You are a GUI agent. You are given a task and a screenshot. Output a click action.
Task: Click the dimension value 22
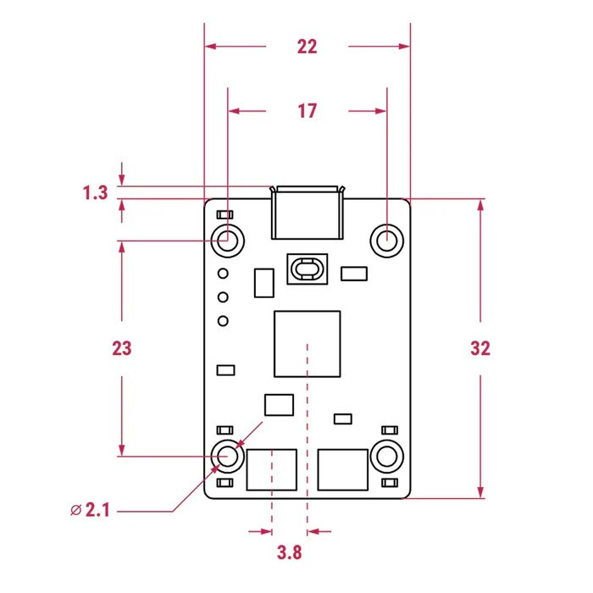click(x=307, y=47)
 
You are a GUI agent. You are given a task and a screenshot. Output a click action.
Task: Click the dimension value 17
click(x=307, y=111)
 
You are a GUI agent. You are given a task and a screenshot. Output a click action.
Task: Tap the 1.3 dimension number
click(x=95, y=193)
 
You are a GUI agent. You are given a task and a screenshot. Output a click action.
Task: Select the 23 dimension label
click(x=122, y=348)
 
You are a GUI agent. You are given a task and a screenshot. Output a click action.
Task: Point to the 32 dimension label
click(x=480, y=348)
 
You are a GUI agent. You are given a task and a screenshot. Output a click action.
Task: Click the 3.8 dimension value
click(x=290, y=552)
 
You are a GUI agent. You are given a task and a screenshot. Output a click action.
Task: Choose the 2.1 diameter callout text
click(x=97, y=510)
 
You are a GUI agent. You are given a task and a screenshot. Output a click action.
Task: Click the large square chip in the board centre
click(x=307, y=344)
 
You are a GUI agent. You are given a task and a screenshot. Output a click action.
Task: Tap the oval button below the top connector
click(x=307, y=269)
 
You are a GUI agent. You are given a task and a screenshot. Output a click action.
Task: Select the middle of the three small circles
click(x=223, y=297)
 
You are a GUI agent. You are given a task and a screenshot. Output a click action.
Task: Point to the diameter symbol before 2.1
click(x=76, y=510)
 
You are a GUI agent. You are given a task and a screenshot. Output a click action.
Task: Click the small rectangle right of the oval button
click(x=354, y=274)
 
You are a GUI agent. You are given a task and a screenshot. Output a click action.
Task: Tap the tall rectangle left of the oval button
click(x=264, y=283)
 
